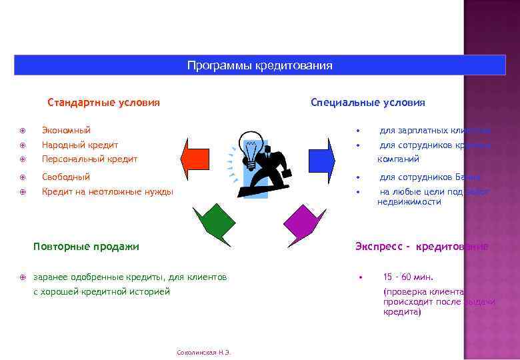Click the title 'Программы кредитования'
(x=259, y=65)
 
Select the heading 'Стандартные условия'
(x=103, y=103)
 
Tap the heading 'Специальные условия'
(x=367, y=103)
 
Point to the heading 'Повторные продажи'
(x=86, y=247)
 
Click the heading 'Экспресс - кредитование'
(x=421, y=247)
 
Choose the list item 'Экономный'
(x=66, y=130)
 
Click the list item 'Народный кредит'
(x=79, y=145)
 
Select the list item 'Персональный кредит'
(x=89, y=159)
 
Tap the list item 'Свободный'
(x=65, y=177)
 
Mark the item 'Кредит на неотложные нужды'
(x=107, y=192)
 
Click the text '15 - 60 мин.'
(x=408, y=277)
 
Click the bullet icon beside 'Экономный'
(x=23, y=130)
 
